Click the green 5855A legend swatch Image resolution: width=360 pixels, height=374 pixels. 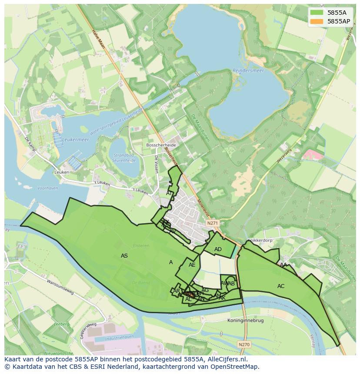point(317,13)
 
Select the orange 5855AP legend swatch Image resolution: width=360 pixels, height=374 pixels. point(317,21)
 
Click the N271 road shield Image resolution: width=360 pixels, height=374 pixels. point(212,223)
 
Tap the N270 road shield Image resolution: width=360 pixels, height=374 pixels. point(244,344)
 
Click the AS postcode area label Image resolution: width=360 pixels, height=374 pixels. point(124,256)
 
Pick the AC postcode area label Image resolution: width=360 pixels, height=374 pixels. point(281,286)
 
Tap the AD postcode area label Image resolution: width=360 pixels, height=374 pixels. point(218,249)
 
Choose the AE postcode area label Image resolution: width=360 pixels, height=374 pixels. point(192,265)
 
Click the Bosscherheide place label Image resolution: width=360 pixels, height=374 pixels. point(161,144)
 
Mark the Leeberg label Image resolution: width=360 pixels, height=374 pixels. point(62,324)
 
